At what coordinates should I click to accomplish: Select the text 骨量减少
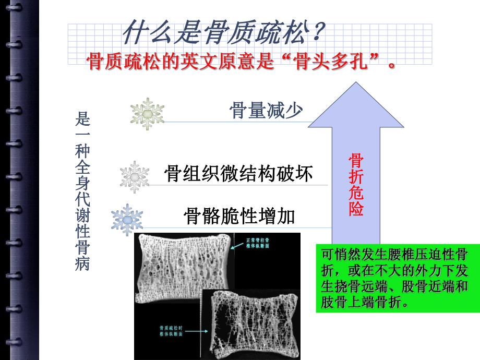(x=266, y=110)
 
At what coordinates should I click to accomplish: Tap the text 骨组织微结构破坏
(x=238, y=174)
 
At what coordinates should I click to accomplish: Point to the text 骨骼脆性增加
(x=239, y=215)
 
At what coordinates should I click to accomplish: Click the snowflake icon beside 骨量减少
(x=147, y=114)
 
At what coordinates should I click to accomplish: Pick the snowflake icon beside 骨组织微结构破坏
(x=135, y=177)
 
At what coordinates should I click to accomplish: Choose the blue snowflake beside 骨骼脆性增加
(x=127, y=220)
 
